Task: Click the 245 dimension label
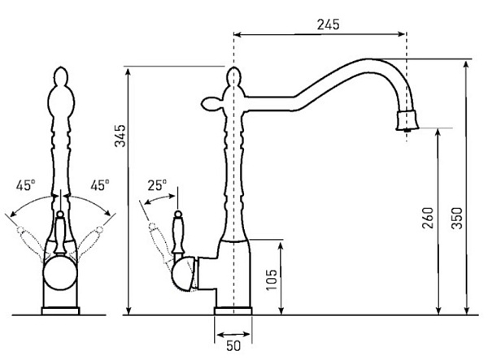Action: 328,24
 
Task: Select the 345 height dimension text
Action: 120,136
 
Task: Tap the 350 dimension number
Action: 457,218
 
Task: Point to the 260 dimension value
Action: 428,218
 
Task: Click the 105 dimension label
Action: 272,280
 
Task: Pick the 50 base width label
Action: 233,346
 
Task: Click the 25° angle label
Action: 157,185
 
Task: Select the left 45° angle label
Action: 25,185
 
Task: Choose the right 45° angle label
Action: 100,185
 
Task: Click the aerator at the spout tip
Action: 407,120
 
